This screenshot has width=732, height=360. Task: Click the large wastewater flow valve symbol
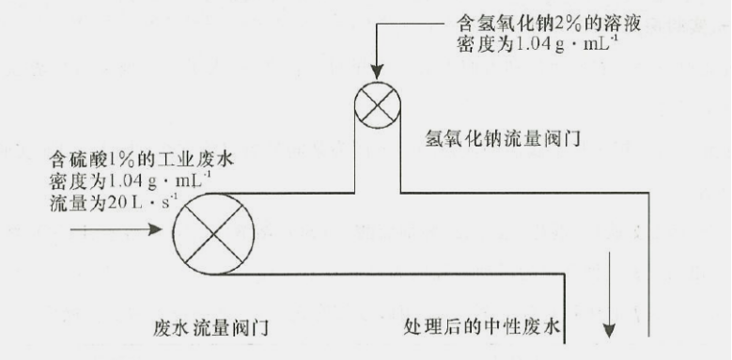coord(214,230)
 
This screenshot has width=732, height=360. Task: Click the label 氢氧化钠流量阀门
coord(499,140)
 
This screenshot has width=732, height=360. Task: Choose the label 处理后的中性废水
coord(482,328)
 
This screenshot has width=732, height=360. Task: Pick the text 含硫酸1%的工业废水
coord(140,159)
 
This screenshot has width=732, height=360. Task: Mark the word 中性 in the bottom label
coord(510,328)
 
